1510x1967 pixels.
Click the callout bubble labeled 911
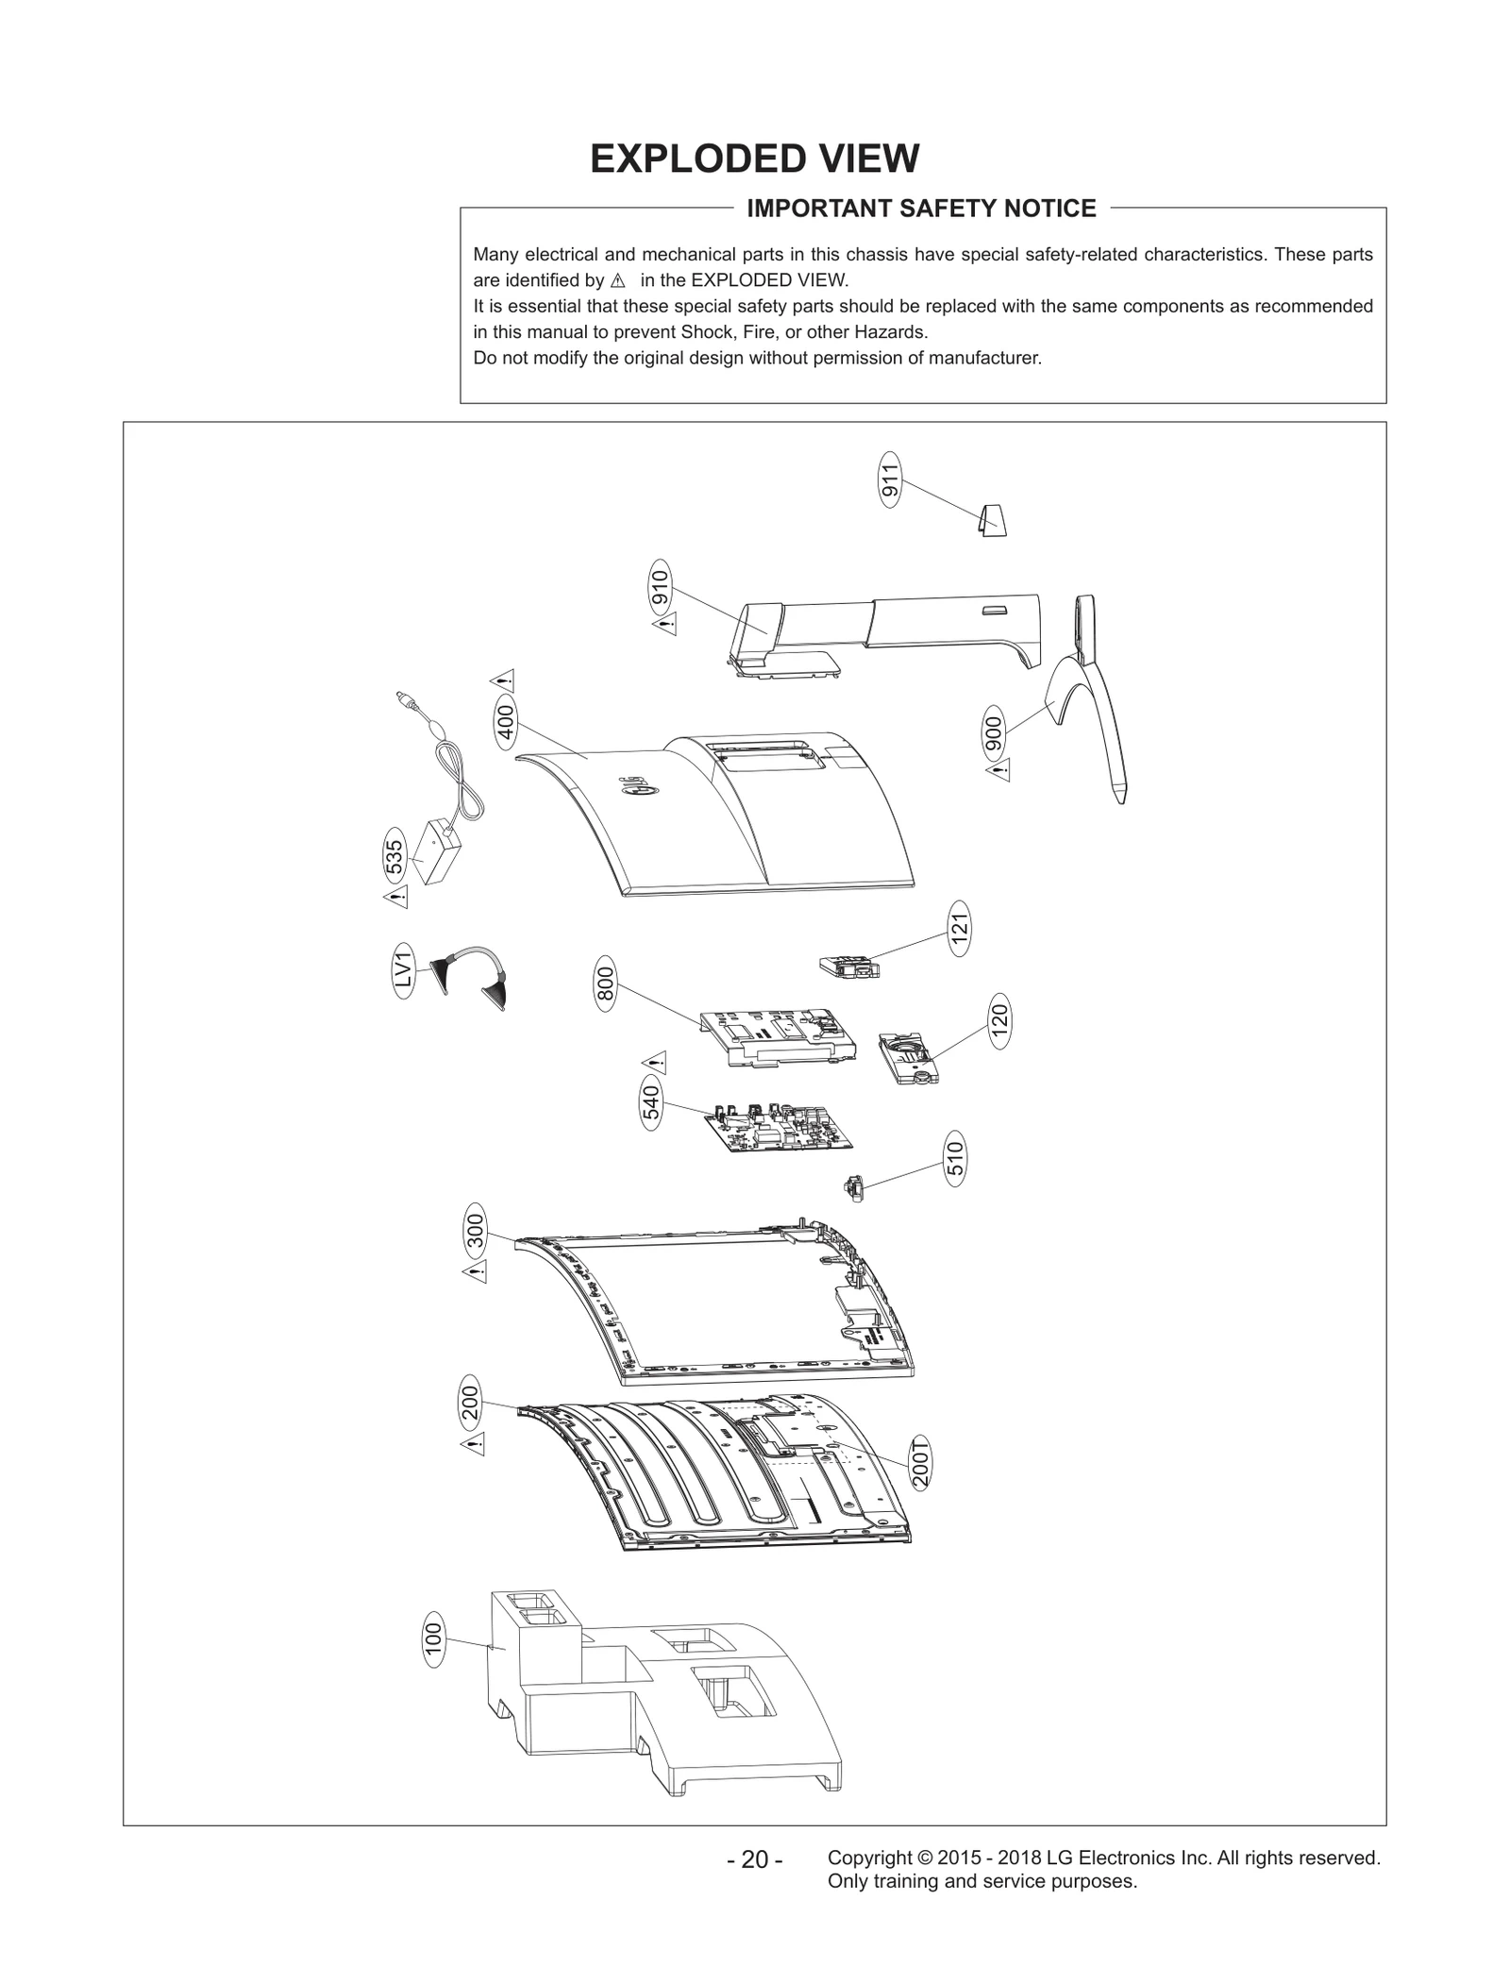tap(889, 479)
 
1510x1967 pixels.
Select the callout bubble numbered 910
tap(660, 588)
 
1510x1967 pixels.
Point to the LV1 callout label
tap(403, 969)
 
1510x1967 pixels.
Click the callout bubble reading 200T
tap(922, 1463)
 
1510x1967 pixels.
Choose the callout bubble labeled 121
tap(960, 929)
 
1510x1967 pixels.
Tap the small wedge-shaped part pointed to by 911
tap(992, 519)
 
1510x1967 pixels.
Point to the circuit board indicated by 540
tap(780, 1127)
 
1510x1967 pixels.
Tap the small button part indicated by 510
tap(854, 1186)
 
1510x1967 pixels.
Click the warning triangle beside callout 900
tap(998, 771)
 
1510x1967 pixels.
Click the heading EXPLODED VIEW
tap(754, 159)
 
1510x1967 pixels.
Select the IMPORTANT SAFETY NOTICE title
tap(921, 209)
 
